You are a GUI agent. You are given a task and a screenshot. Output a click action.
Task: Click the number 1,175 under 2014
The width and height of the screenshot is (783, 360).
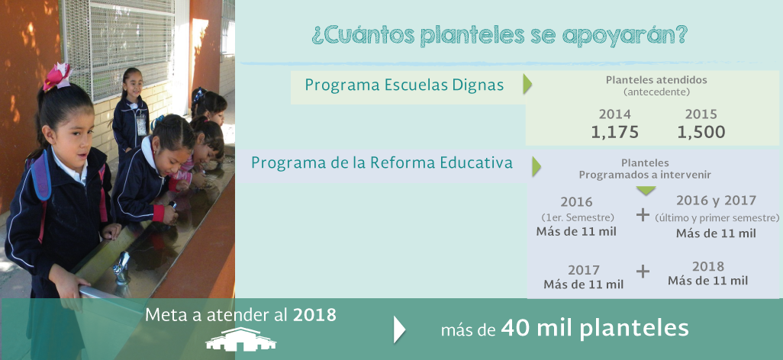pyautogui.click(x=614, y=132)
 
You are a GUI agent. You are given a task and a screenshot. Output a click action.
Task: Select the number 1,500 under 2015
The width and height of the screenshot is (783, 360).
pyautogui.click(x=701, y=132)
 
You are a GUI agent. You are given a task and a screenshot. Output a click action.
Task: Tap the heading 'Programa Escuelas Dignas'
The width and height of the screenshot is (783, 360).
pyautogui.click(x=404, y=85)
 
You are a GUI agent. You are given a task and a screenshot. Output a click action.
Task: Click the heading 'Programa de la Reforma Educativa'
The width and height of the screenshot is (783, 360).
pyautogui.click(x=382, y=162)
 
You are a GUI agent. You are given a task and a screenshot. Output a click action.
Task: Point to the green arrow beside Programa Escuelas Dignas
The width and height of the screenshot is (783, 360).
pyautogui.click(x=527, y=85)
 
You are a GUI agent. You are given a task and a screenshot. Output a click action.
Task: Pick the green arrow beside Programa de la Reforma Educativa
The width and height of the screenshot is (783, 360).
pyautogui.click(x=536, y=166)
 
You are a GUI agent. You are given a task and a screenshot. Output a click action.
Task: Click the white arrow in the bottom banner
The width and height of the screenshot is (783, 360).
pyautogui.click(x=399, y=329)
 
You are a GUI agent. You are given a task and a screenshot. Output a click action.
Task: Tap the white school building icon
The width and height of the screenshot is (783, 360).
pyautogui.click(x=240, y=339)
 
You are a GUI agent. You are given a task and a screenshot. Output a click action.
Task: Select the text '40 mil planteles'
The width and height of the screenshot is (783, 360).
pyautogui.click(x=594, y=329)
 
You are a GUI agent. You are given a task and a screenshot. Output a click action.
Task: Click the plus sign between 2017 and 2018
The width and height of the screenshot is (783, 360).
pyautogui.click(x=643, y=272)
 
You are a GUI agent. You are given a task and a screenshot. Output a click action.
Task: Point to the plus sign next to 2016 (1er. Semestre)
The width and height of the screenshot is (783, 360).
pyautogui.click(x=643, y=215)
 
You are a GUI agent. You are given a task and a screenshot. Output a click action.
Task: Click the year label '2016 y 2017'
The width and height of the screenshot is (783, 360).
pyautogui.click(x=716, y=201)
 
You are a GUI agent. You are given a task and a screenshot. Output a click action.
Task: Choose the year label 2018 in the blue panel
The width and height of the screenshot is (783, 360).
pyautogui.click(x=707, y=266)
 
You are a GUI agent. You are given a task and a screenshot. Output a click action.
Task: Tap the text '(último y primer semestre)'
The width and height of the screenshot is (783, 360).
pyautogui.click(x=717, y=218)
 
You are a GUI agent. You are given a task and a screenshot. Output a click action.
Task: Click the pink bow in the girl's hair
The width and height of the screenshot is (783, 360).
pyautogui.click(x=57, y=76)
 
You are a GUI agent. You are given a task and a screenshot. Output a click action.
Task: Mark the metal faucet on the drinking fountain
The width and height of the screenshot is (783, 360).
pyautogui.click(x=121, y=268)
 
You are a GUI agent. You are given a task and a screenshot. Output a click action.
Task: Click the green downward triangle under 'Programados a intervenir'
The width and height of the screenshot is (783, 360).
pyautogui.click(x=646, y=191)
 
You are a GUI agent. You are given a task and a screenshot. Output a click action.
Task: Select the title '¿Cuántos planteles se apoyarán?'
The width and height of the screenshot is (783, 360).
pyautogui.click(x=500, y=35)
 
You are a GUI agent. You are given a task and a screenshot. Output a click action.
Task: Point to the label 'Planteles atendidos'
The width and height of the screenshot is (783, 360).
pyautogui.click(x=656, y=80)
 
